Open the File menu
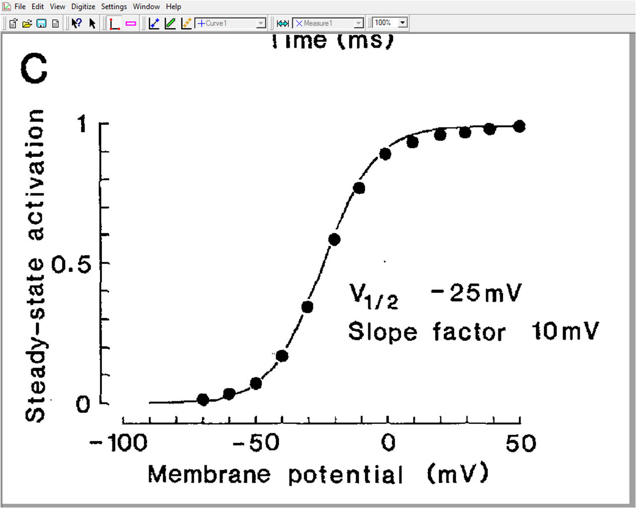point(20,6)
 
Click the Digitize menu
point(83,6)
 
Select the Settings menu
point(114,6)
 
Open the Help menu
point(173,6)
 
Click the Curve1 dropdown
point(231,23)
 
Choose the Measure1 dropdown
point(328,23)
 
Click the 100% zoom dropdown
point(391,23)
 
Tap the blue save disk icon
point(42,23)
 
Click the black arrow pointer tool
point(92,23)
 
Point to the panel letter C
point(34,69)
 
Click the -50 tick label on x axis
point(256,443)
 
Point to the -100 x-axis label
point(118,443)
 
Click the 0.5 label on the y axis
point(72,265)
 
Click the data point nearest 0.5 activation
point(334,240)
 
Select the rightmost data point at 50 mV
point(519,127)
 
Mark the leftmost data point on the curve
point(203,399)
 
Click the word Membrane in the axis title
point(209,474)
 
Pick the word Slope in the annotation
point(382,331)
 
